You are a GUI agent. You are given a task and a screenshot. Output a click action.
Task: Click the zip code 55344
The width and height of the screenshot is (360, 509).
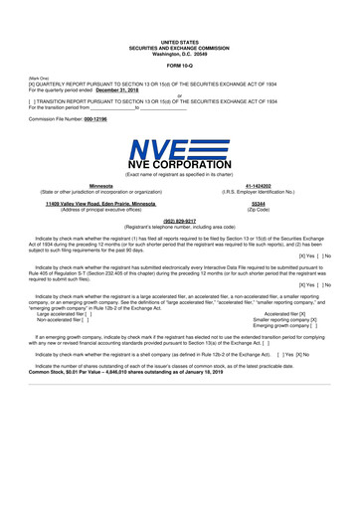click(259, 203)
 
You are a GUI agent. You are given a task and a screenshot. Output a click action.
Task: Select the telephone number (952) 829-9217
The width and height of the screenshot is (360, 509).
click(180, 221)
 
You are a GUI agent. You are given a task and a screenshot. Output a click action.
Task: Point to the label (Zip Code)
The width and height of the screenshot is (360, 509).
click(259, 209)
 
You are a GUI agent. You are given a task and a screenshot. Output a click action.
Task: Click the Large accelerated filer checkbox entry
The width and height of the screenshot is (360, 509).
click(64, 313)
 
